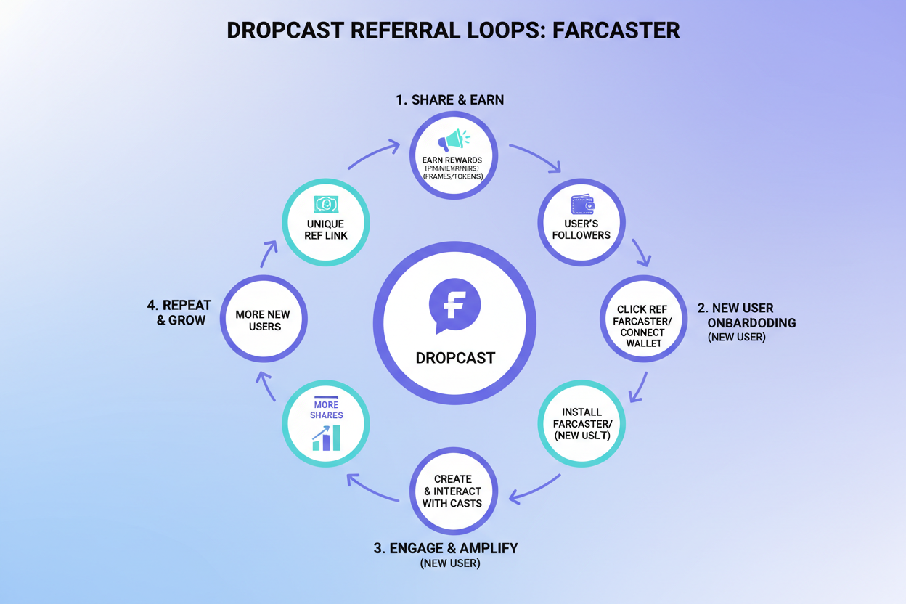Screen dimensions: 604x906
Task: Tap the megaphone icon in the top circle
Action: pyautogui.click(x=454, y=139)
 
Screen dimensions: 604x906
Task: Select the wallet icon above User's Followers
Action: pyautogui.click(x=581, y=204)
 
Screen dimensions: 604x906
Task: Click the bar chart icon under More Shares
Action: pyautogui.click(x=326, y=437)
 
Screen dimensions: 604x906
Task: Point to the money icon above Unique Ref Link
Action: pyautogui.click(x=325, y=204)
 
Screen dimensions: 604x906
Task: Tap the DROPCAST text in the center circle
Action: pyautogui.click(x=455, y=358)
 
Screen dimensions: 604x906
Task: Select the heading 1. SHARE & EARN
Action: pyautogui.click(x=450, y=100)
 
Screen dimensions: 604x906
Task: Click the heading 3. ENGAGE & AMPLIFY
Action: pyautogui.click(x=446, y=547)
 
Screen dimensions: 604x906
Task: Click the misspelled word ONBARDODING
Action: pyautogui.click(x=751, y=322)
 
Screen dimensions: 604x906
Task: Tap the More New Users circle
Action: pyautogui.click(x=263, y=320)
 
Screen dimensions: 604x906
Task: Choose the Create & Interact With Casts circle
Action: pyautogui.click(x=454, y=491)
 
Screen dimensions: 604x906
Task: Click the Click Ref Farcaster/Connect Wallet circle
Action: pyautogui.click(x=643, y=320)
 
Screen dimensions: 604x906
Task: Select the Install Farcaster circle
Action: pyautogui.click(x=581, y=423)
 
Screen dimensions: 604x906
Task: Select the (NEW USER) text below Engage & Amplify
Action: pyautogui.click(x=450, y=563)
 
